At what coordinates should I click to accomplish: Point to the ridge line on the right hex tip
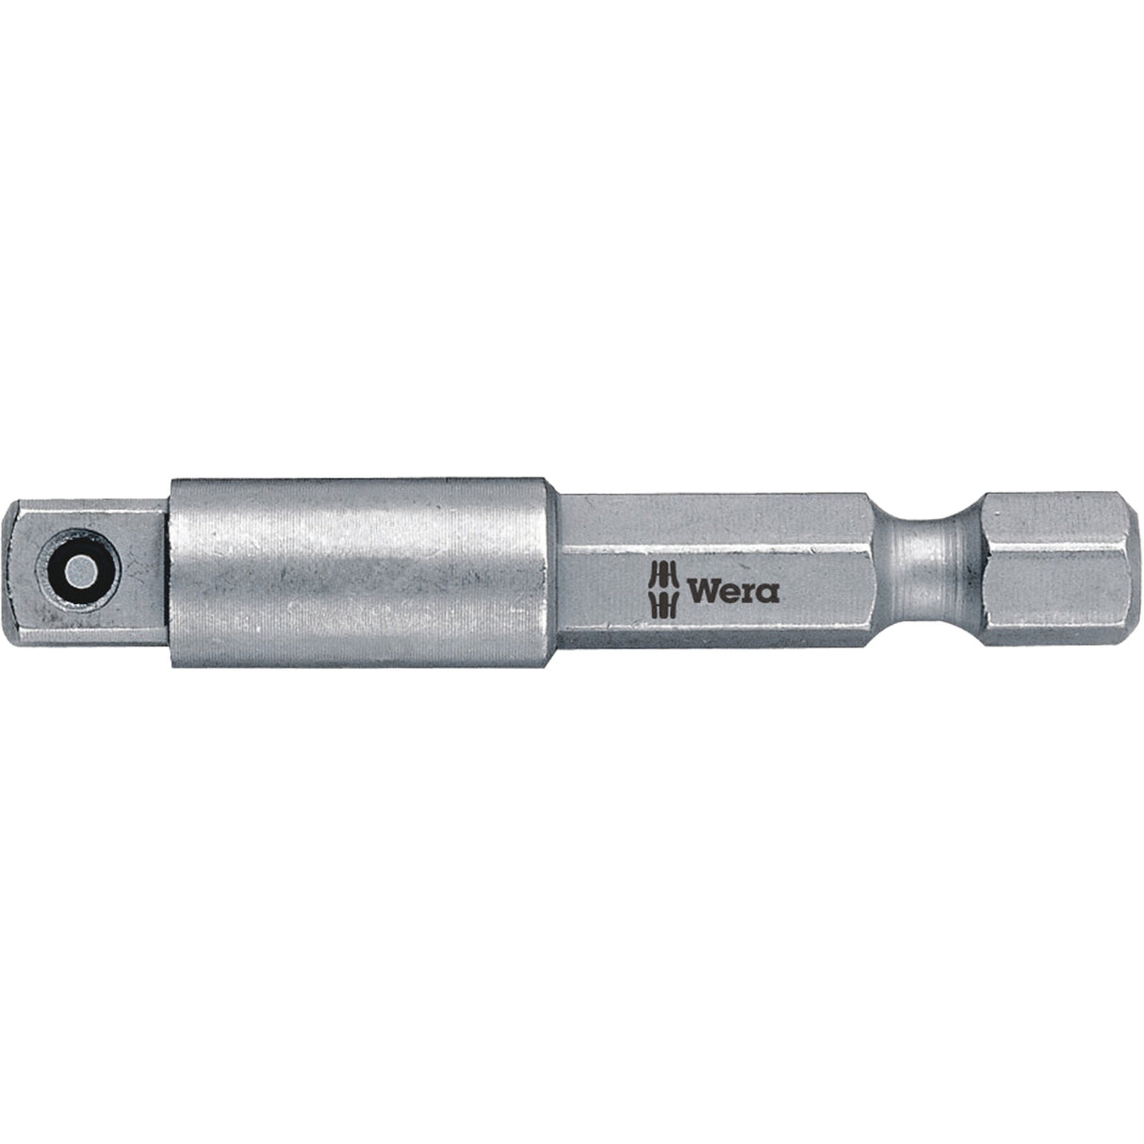pos(1046,541)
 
